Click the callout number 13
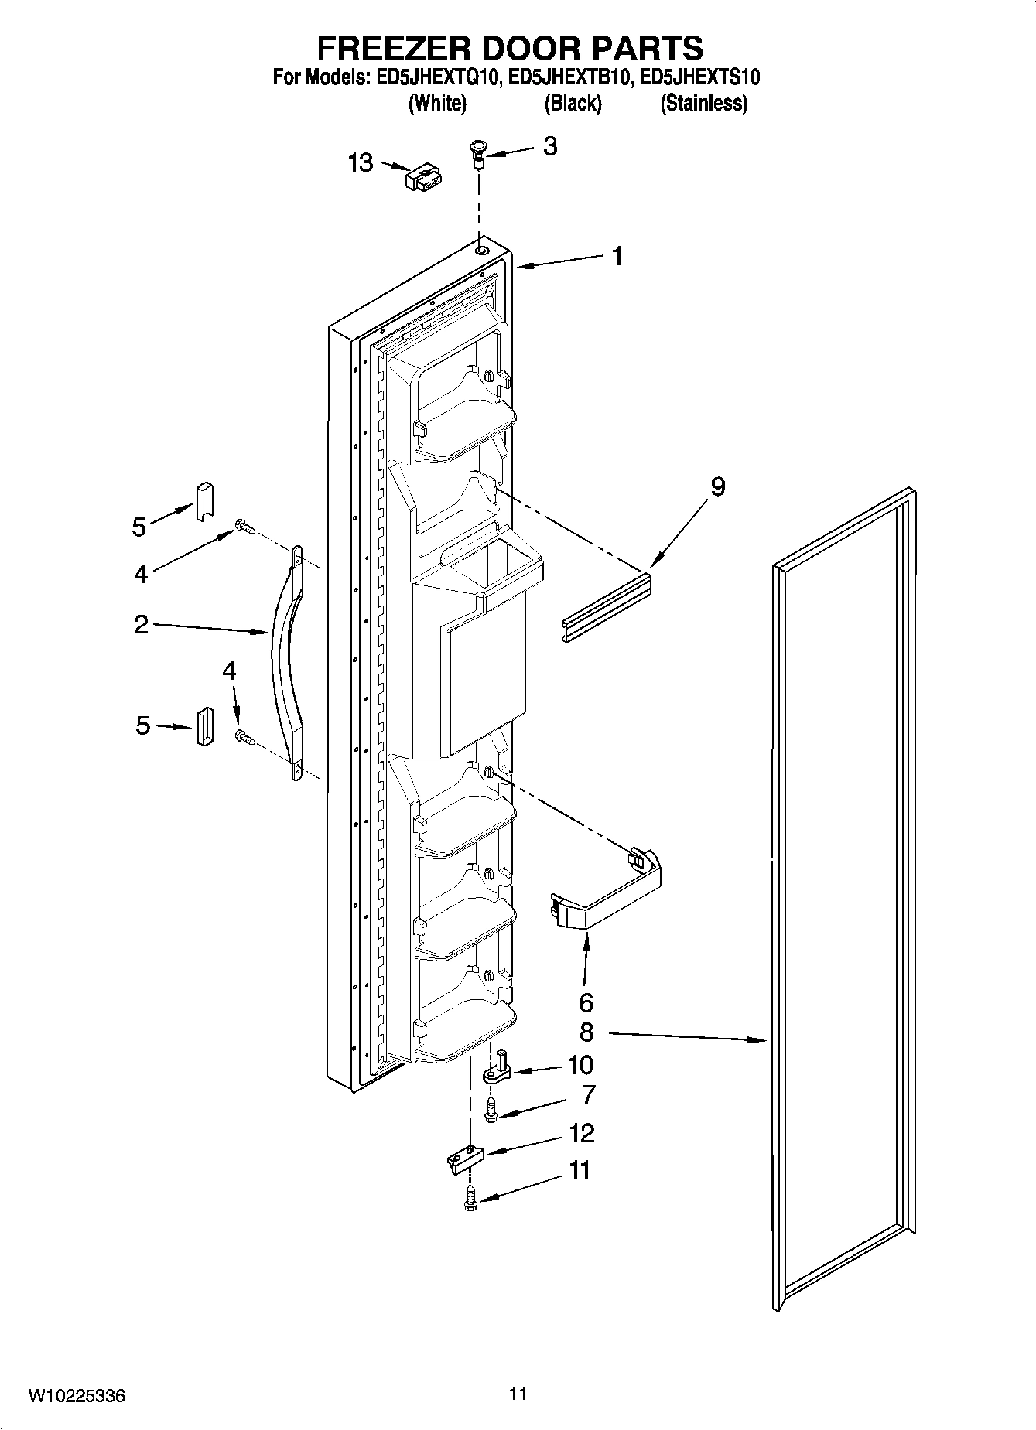click(x=361, y=163)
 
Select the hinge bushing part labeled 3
click(x=477, y=153)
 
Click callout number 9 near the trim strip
click(x=717, y=487)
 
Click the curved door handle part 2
click(x=286, y=665)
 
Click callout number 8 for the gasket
click(x=586, y=1032)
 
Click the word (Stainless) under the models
click(x=703, y=103)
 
